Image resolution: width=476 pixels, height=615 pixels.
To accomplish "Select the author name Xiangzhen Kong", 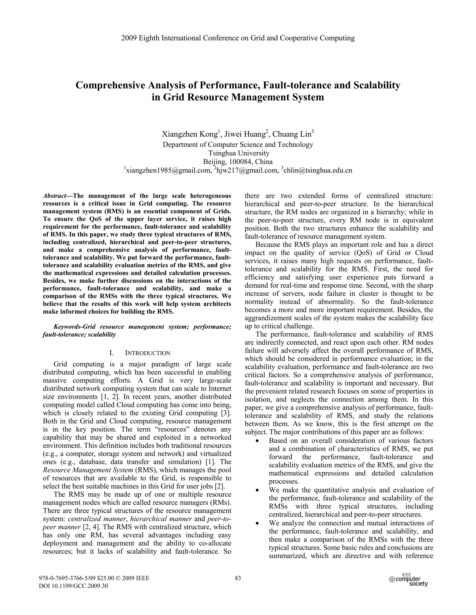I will click(189, 134).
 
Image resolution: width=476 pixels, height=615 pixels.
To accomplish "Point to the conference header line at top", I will click(238, 38).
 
